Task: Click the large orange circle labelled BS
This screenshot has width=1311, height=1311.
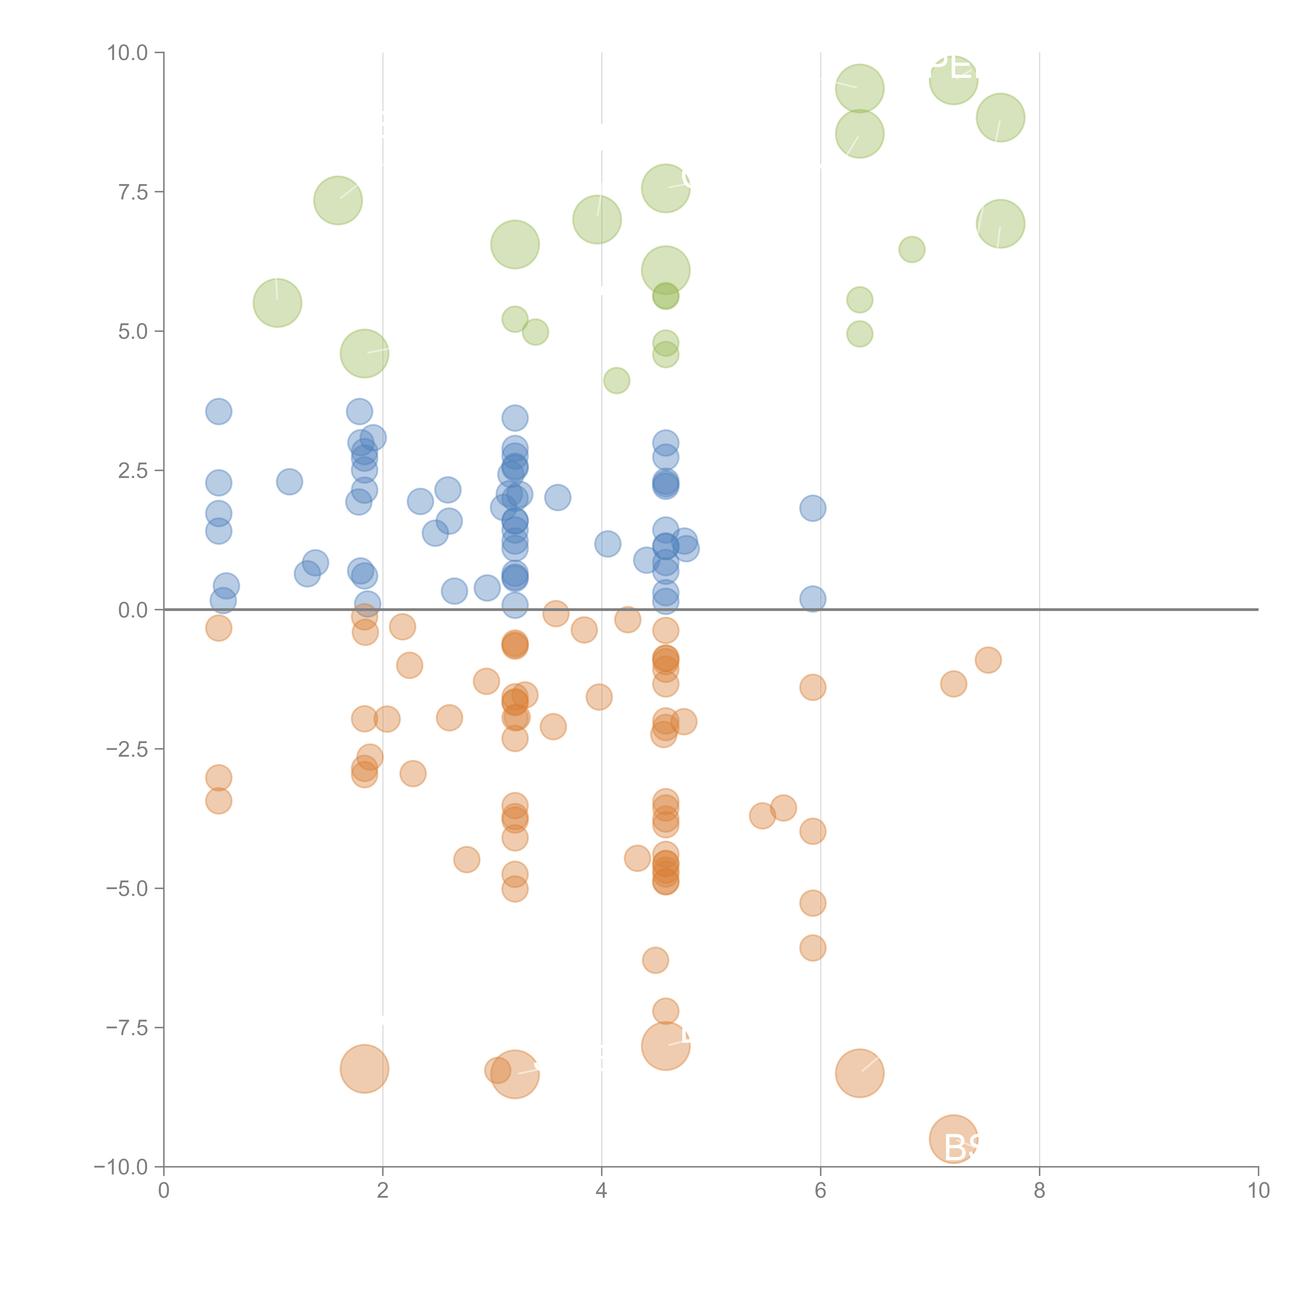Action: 953,1139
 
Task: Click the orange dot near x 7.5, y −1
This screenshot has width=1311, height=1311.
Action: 988,660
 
